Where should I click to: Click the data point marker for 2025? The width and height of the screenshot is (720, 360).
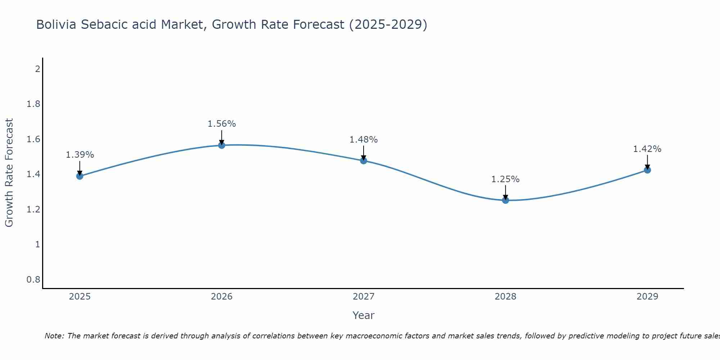pos(80,176)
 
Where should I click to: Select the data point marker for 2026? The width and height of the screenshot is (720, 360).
pos(222,145)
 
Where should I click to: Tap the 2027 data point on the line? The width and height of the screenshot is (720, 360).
pos(364,161)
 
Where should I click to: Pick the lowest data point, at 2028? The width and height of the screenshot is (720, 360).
pos(505,200)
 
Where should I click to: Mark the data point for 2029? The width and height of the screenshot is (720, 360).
pos(647,170)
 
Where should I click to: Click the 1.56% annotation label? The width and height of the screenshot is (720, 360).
pos(222,124)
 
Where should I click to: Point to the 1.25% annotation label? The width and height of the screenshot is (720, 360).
pos(505,179)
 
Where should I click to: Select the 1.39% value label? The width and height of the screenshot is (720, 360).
pos(80,155)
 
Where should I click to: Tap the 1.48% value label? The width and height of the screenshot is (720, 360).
pos(364,140)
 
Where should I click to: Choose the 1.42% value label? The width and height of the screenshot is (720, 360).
pos(647,149)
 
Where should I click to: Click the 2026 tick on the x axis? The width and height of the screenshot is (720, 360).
pos(222,297)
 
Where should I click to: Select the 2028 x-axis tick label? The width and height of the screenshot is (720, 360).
pos(505,297)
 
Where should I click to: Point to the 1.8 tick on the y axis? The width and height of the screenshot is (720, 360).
pos(33,104)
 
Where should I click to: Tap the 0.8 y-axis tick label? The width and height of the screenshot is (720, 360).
pos(33,280)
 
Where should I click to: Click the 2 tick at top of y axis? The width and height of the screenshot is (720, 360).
pos(37,69)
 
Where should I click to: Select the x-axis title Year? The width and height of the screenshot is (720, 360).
pos(364,315)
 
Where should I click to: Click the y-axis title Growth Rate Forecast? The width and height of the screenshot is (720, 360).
pos(9,173)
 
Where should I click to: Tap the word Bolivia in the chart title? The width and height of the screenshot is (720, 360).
pos(56,25)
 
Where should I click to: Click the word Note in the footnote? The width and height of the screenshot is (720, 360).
pos(54,336)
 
